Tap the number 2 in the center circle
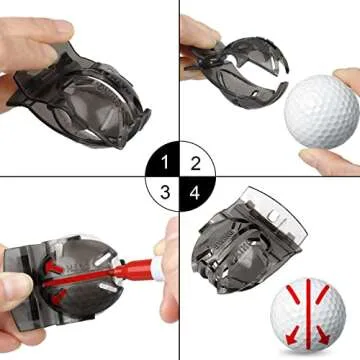click(x=195, y=163)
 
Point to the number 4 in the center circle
click(x=195, y=193)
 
